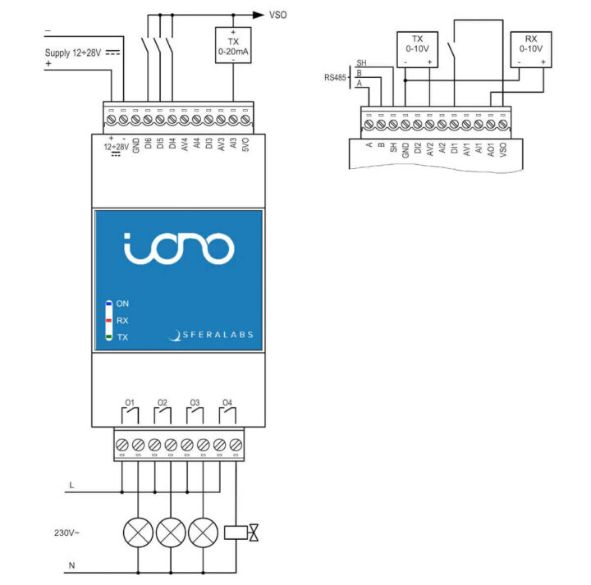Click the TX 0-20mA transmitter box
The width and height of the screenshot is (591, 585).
coord(233,46)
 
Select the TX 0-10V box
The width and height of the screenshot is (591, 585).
coord(418,49)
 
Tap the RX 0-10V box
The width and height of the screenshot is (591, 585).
coord(530,49)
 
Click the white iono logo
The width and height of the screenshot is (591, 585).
coord(179,248)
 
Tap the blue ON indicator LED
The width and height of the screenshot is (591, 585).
coord(108,304)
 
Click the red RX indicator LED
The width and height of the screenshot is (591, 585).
coord(108,321)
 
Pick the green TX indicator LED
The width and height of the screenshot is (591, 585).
coord(108,337)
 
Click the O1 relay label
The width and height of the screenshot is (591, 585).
coord(129,403)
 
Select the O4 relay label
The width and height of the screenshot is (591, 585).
coord(227,403)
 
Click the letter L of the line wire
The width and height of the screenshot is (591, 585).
coord(71,486)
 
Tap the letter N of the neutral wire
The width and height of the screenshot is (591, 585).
coord(71,564)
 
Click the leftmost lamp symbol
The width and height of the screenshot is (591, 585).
coord(138,533)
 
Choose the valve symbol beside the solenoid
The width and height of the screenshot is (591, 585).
coord(255,533)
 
